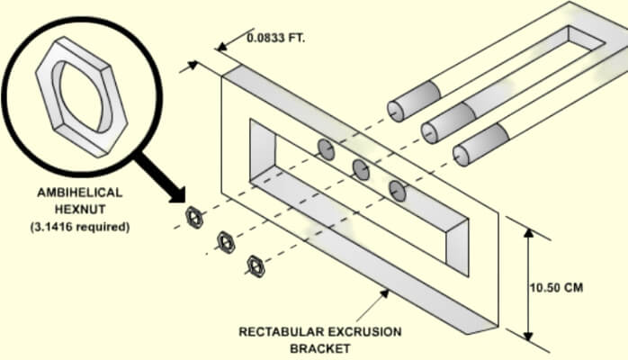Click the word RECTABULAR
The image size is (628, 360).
[281, 331]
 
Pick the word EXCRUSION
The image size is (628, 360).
[366, 331]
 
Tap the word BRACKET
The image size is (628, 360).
[320, 347]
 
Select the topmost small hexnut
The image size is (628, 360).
[193, 217]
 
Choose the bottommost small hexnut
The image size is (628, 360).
[256, 265]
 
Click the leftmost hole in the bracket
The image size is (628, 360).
[327, 149]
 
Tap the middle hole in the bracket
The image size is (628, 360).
[362, 168]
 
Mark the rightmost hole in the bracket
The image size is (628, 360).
[398, 189]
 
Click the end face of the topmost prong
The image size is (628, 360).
[397, 110]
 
